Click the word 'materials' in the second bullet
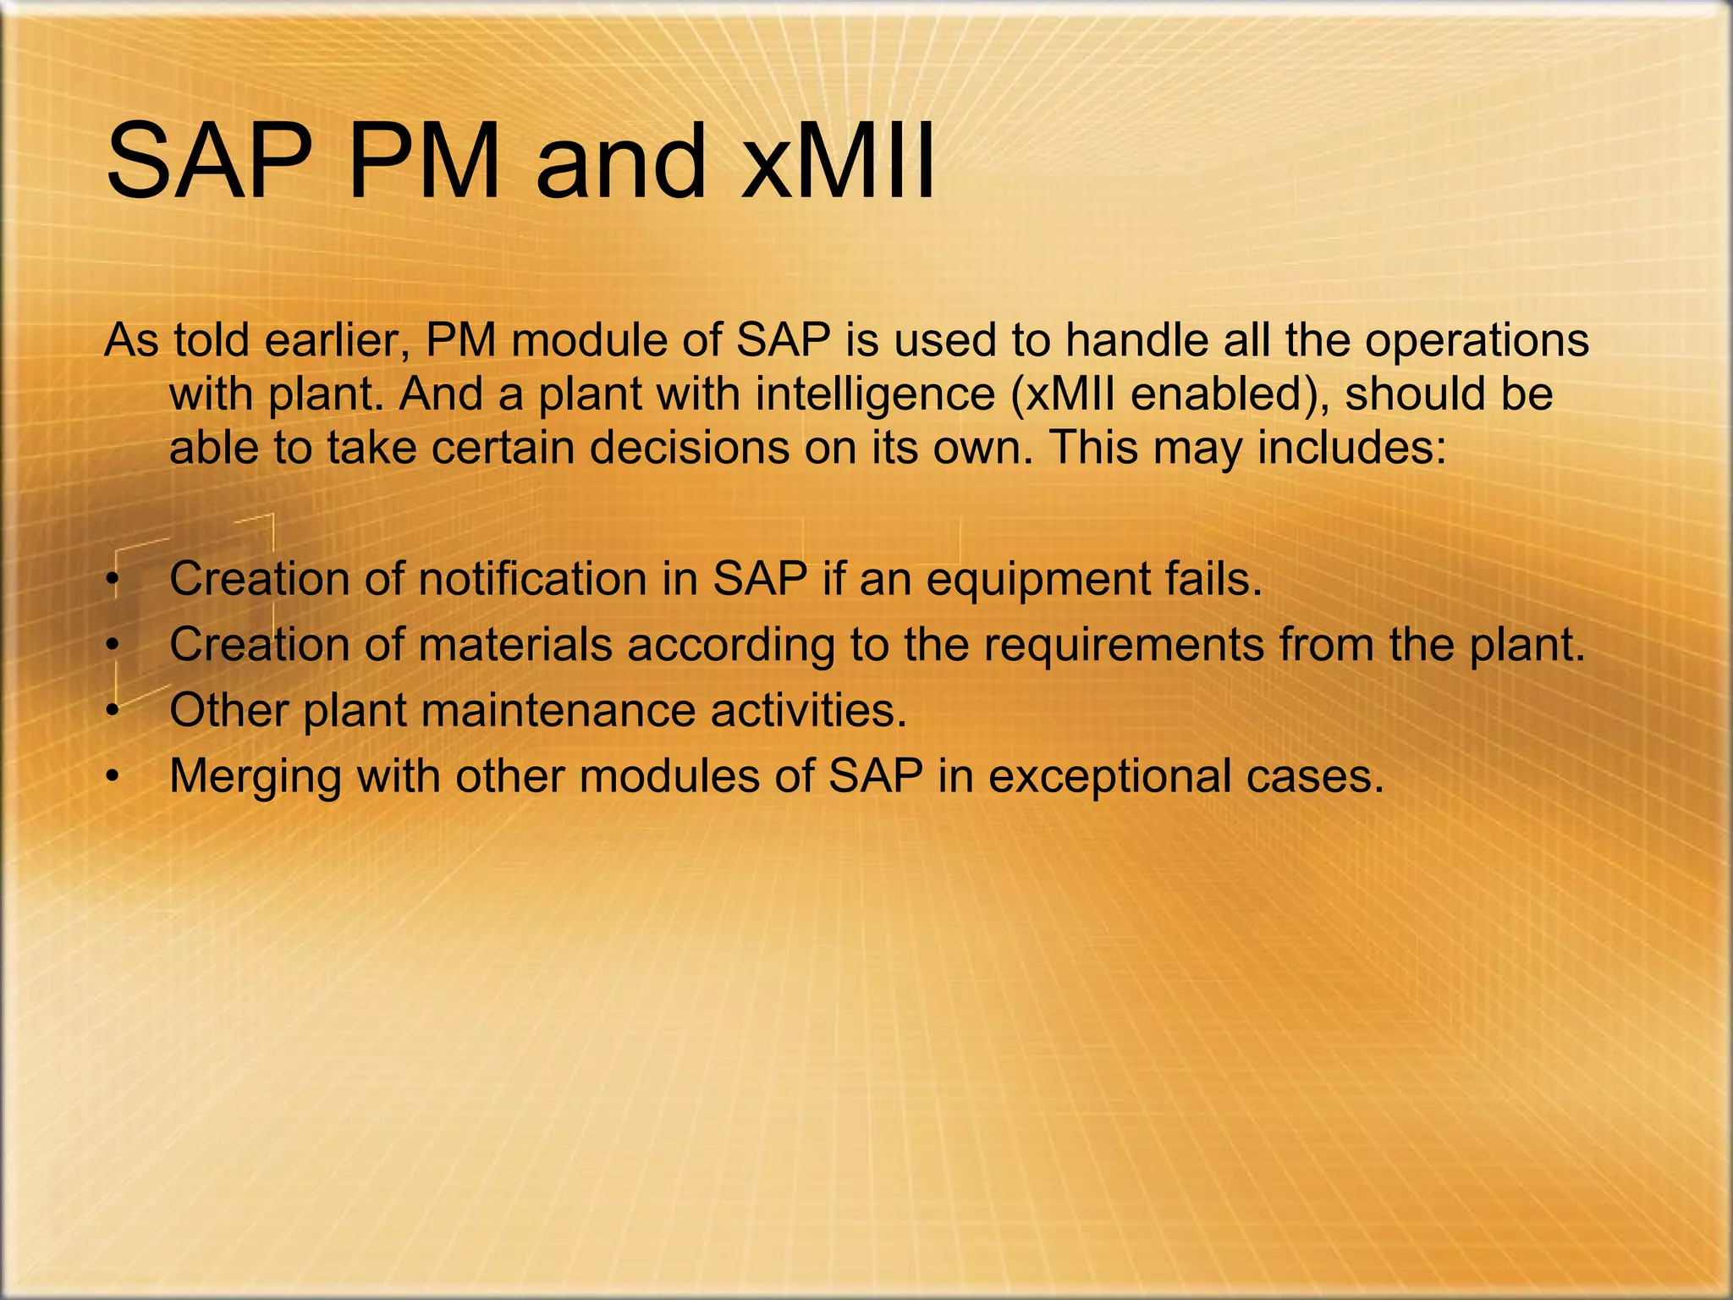[x=514, y=645]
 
